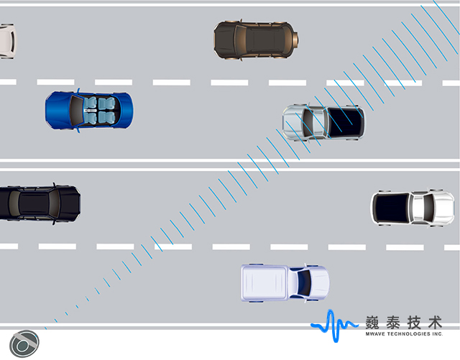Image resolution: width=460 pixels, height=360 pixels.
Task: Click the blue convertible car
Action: (x=89, y=110)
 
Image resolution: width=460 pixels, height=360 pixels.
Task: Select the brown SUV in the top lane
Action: (x=255, y=40)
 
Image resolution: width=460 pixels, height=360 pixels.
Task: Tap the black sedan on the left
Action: (x=39, y=203)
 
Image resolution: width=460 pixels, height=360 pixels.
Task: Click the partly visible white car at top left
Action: (x=6, y=40)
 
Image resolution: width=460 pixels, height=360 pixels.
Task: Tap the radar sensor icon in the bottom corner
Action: (x=24, y=343)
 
